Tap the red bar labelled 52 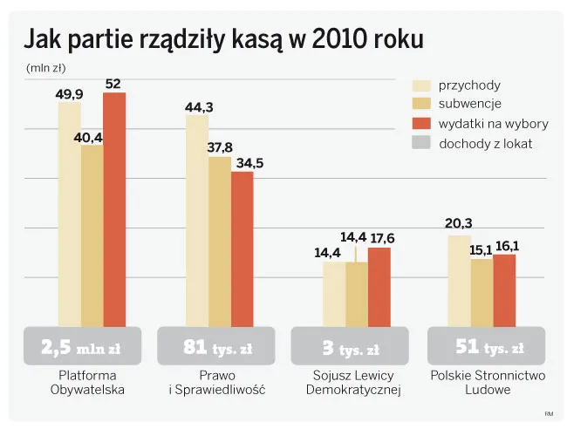114,209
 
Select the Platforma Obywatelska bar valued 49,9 69,214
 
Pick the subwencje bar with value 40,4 92,235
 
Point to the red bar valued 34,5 243,249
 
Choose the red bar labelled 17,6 379,287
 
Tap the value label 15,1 482,249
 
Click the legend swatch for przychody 422,85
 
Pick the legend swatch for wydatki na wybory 422,123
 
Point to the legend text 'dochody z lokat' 486,143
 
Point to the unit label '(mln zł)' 46,66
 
